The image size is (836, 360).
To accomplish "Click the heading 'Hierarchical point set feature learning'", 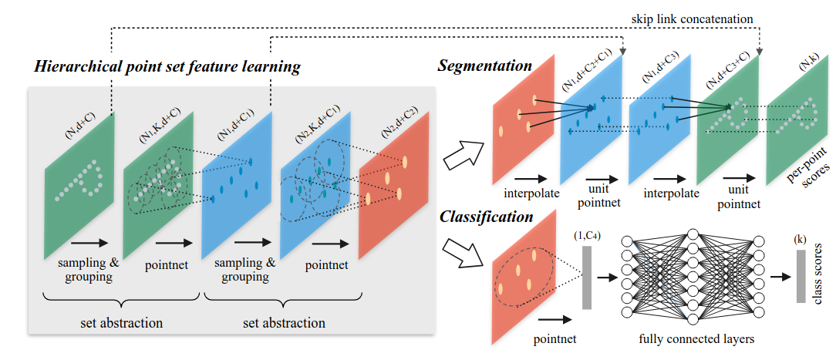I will (167, 66).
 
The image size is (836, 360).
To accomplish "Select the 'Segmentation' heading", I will (485, 66).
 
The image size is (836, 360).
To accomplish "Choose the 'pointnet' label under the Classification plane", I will (554, 338).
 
